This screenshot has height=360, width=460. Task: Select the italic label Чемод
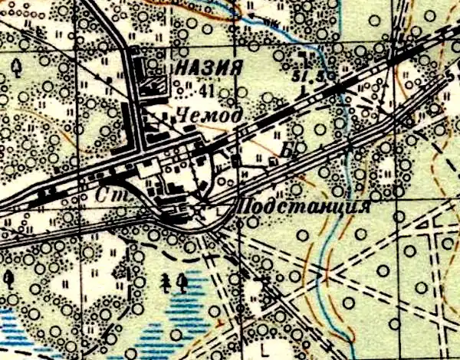pos(209,116)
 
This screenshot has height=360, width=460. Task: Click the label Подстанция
pos(305,207)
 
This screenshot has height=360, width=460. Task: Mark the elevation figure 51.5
pos(307,74)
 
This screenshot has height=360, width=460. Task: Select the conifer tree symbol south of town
pos(166,283)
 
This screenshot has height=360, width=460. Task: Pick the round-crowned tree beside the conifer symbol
pos(182,283)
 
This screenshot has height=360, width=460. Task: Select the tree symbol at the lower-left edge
pos(8,277)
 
